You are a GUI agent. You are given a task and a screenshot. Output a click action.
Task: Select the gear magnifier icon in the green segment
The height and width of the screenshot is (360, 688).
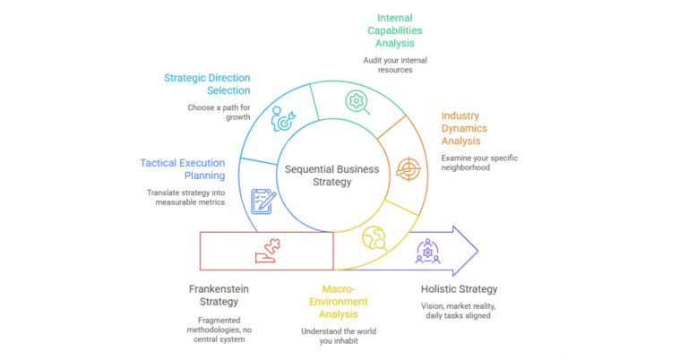point(357,101)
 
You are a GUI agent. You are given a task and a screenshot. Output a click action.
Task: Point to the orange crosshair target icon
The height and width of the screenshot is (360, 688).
point(407,167)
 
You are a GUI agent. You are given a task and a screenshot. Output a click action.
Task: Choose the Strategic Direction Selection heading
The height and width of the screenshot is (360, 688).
point(207,83)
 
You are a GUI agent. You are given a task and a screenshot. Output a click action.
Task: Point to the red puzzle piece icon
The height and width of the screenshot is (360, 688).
point(266,252)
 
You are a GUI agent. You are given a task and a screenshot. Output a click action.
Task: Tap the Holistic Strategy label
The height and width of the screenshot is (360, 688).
point(459,289)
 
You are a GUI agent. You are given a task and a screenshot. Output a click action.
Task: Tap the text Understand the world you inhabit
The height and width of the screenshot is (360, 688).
point(340,338)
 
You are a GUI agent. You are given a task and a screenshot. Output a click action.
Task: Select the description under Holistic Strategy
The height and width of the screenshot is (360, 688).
point(457,311)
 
